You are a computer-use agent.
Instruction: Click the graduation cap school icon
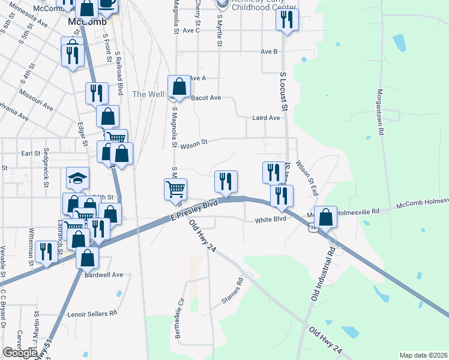tap(77, 178)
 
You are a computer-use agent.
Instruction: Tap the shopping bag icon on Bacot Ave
tap(179, 86)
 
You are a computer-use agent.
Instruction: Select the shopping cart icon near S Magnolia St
tap(176, 189)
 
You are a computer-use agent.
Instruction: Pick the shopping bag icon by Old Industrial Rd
tap(325, 217)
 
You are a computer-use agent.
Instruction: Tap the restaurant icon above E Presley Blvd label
tap(226, 181)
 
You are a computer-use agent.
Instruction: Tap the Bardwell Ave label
tap(104, 275)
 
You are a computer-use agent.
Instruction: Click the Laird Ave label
tap(266, 118)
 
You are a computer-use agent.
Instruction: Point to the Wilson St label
tap(193, 143)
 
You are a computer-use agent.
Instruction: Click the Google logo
tap(20, 353)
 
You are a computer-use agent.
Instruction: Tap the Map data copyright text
tap(423, 355)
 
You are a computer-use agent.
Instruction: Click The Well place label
tap(148, 94)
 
